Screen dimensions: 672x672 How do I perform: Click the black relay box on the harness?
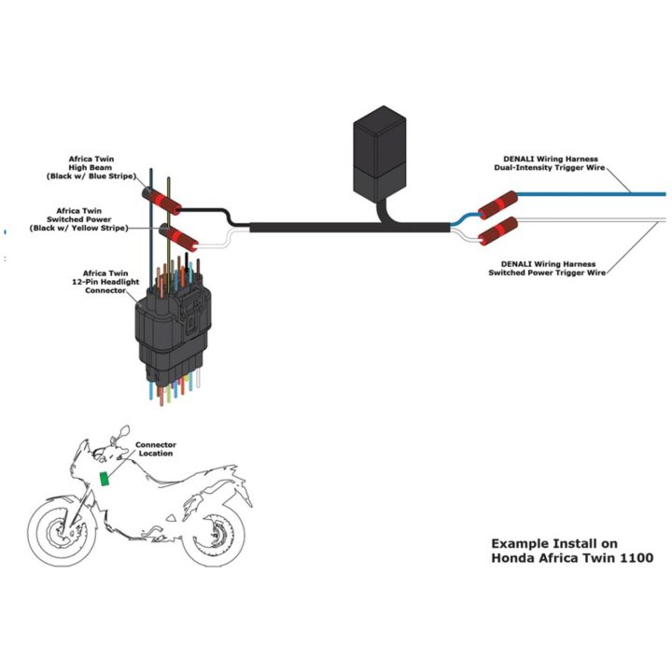pyautogui.click(x=379, y=153)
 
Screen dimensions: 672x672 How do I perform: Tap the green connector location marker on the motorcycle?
pyautogui.click(x=105, y=479)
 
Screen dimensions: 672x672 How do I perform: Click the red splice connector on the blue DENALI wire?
pyautogui.click(x=497, y=204)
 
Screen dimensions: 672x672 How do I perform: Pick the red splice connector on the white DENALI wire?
pyautogui.click(x=497, y=231)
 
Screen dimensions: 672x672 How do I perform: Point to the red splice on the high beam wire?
pyautogui.click(x=161, y=201)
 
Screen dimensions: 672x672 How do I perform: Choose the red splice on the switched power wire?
pyautogui.click(x=178, y=237)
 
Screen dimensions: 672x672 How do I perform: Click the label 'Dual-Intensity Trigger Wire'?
pyautogui.click(x=550, y=168)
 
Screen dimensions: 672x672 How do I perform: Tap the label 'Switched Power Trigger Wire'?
pyautogui.click(x=547, y=273)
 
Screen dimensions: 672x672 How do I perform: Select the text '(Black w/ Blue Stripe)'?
pyautogui.click(x=91, y=176)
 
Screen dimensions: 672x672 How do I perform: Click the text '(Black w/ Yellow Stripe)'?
pyautogui.click(x=78, y=228)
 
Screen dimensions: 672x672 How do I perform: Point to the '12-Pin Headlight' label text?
pyautogui.click(x=105, y=282)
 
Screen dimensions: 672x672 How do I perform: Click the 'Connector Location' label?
pyautogui.click(x=156, y=449)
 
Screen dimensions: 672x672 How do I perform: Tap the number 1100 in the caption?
pyautogui.click(x=637, y=557)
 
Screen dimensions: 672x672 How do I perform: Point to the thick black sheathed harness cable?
pyautogui.click(x=350, y=227)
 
